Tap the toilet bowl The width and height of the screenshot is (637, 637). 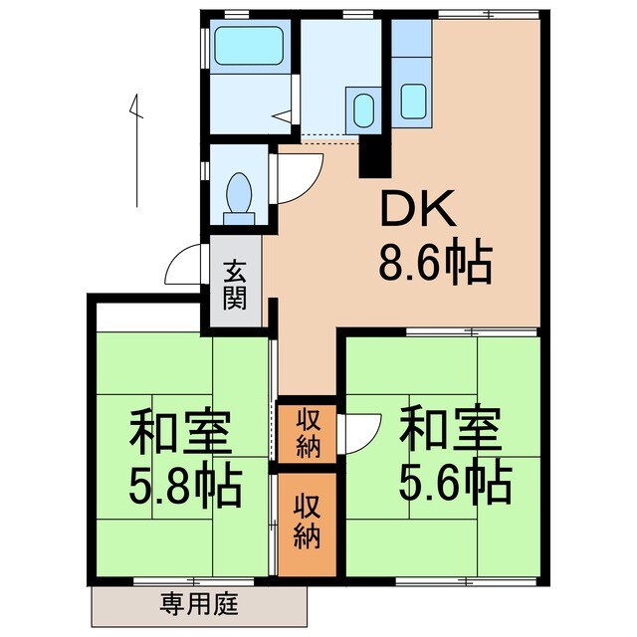[239, 190]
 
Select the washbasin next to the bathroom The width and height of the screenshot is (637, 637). [362, 106]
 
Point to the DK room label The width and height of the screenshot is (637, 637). [415, 212]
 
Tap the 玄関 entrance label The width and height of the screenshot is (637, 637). [235, 284]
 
